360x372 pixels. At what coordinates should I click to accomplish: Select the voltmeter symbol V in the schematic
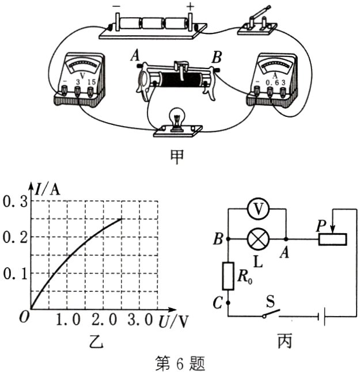click(258, 209)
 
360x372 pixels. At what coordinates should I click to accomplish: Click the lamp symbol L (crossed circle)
click(258, 239)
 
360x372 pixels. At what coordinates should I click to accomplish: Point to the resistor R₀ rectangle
click(228, 276)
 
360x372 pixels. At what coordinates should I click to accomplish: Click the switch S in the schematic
click(271, 313)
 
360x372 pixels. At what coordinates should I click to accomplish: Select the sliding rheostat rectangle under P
click(332, 239)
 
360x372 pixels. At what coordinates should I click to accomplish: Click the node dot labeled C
click(228, 303)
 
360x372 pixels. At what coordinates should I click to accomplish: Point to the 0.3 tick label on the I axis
click(15, 202)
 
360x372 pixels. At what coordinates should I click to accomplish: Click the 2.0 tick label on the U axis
click(104, 320)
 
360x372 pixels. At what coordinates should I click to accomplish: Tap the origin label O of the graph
click(24, 317)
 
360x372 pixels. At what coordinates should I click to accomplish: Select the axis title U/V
click(173, 321)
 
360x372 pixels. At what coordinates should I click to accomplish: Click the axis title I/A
click(47, 189)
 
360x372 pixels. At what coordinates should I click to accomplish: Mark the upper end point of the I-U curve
click(122, 219)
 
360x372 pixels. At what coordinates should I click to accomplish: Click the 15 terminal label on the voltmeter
click(92, 82)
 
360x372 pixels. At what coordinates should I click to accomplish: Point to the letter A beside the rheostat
click(135, 56)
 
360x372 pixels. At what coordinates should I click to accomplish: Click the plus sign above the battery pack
click(190, 7)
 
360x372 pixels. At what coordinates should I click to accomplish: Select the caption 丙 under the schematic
click(285, 341)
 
